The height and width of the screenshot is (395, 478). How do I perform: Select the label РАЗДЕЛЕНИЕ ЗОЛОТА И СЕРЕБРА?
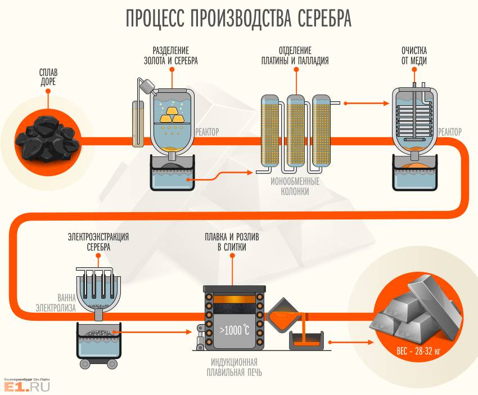172,55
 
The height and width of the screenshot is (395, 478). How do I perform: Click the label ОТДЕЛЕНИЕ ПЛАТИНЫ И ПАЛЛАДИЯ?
295,55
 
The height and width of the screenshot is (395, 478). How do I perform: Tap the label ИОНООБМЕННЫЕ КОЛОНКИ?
295,187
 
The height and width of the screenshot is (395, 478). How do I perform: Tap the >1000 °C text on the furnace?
234,330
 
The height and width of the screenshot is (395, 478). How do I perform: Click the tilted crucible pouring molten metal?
285,318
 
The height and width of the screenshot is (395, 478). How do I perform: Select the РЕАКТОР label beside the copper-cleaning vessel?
450,132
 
